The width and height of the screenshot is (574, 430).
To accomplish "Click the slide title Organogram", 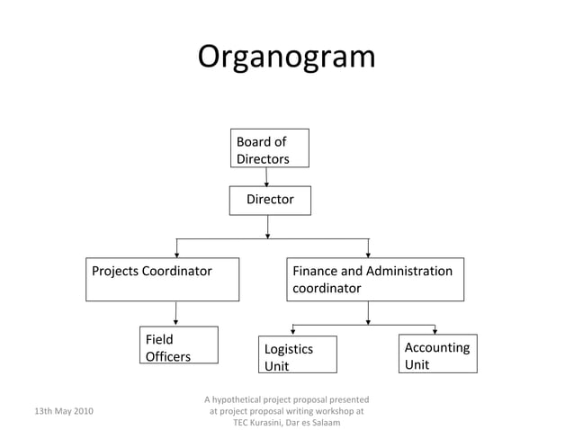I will click(286, 56).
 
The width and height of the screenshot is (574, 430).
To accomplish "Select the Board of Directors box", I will click(268, 148).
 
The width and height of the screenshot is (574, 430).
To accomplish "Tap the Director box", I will click(270, 200).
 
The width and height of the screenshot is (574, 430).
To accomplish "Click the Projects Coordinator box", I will click(163, 279).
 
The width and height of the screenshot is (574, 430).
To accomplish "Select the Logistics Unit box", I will click(297, 354).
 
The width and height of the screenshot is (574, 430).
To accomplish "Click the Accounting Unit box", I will click(438, 354).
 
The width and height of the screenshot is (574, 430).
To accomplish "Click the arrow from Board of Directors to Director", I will click(267, 177).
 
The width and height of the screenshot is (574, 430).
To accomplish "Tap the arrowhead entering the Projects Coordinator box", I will click(176, 254).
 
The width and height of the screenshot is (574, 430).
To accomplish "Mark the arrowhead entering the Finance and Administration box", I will click(368, 254).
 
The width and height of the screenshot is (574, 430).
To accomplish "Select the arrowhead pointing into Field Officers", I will click(175, 322).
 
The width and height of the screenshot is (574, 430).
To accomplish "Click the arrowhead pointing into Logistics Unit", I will click(291, 332).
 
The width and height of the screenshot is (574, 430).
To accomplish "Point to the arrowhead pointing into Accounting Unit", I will click(435, 330).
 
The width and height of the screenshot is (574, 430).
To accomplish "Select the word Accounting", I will click(437, 347).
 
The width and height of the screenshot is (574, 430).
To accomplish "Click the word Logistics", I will click(288, 349).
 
